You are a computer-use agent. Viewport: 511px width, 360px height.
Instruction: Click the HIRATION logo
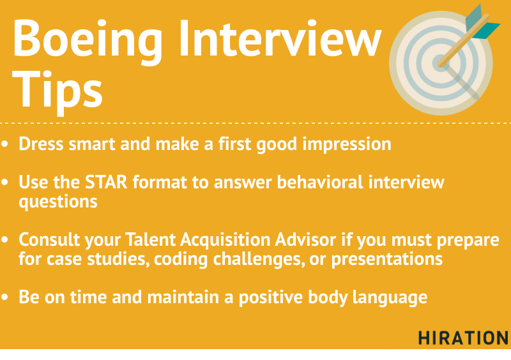463,338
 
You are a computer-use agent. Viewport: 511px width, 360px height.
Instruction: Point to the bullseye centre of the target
440,62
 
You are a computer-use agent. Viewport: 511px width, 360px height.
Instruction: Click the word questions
57,201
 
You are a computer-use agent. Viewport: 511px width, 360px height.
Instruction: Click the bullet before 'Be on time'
6,298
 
